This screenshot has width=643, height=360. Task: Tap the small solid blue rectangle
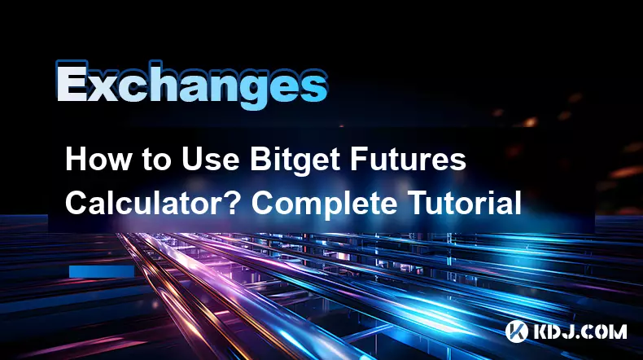(x=102, y=271)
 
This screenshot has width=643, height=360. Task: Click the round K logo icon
(x=516, y=331)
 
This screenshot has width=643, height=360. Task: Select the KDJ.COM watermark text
(x=580, y=331)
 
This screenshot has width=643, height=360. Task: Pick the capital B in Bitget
(x=260, y=160)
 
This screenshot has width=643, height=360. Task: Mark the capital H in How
(x=75, y=160)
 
